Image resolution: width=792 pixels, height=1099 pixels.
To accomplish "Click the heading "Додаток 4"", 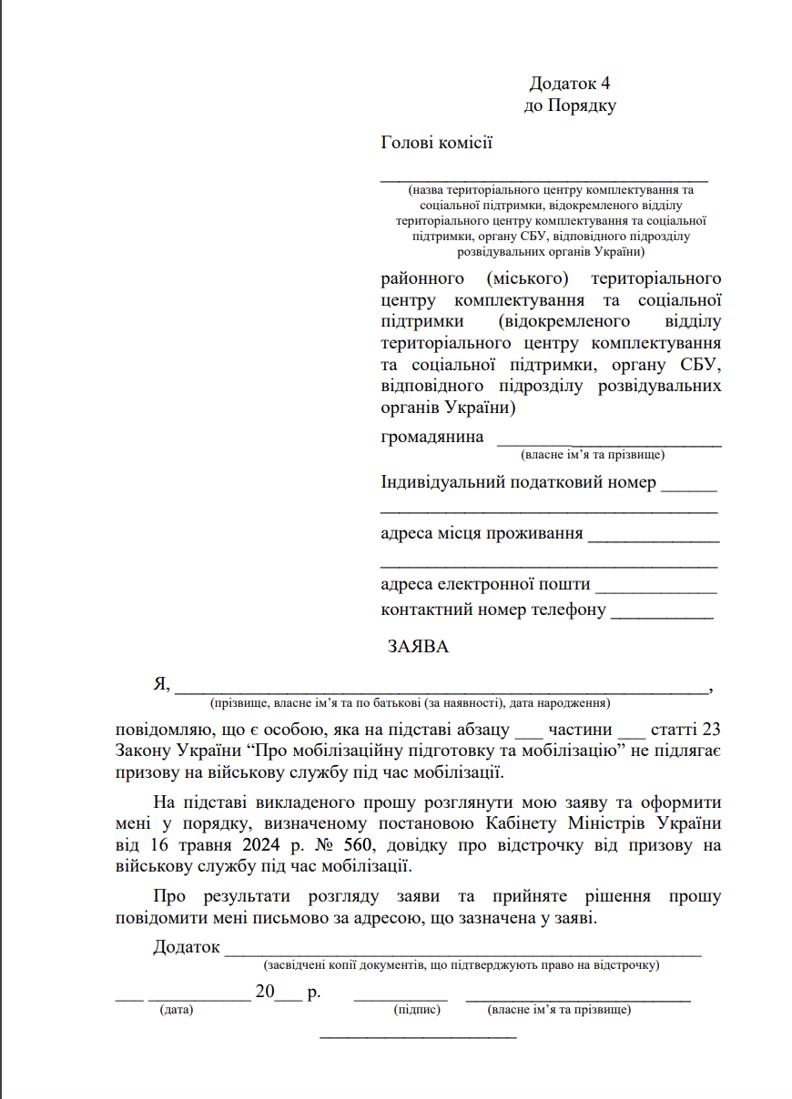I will coord(569,84).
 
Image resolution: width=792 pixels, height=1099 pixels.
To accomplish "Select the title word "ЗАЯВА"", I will coord(418,648).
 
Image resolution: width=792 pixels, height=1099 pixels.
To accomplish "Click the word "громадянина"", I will coord(432,437).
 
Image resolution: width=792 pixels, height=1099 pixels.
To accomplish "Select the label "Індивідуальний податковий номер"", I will coord(517,482).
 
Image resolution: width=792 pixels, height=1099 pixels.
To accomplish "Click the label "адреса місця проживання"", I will coord(482,533).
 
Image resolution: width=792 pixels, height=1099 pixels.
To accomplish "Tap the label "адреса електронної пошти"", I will coord(485,584).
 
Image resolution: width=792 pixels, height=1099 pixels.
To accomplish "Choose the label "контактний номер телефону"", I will coord(492,610).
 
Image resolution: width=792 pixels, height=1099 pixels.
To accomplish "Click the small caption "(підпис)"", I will coord(417,1010).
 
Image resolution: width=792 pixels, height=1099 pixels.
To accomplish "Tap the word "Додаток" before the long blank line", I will coord(187,947).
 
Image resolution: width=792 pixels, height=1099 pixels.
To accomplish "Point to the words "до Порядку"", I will coord(570,106).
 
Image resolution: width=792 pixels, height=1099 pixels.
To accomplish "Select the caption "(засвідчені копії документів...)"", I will coord(461,964).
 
